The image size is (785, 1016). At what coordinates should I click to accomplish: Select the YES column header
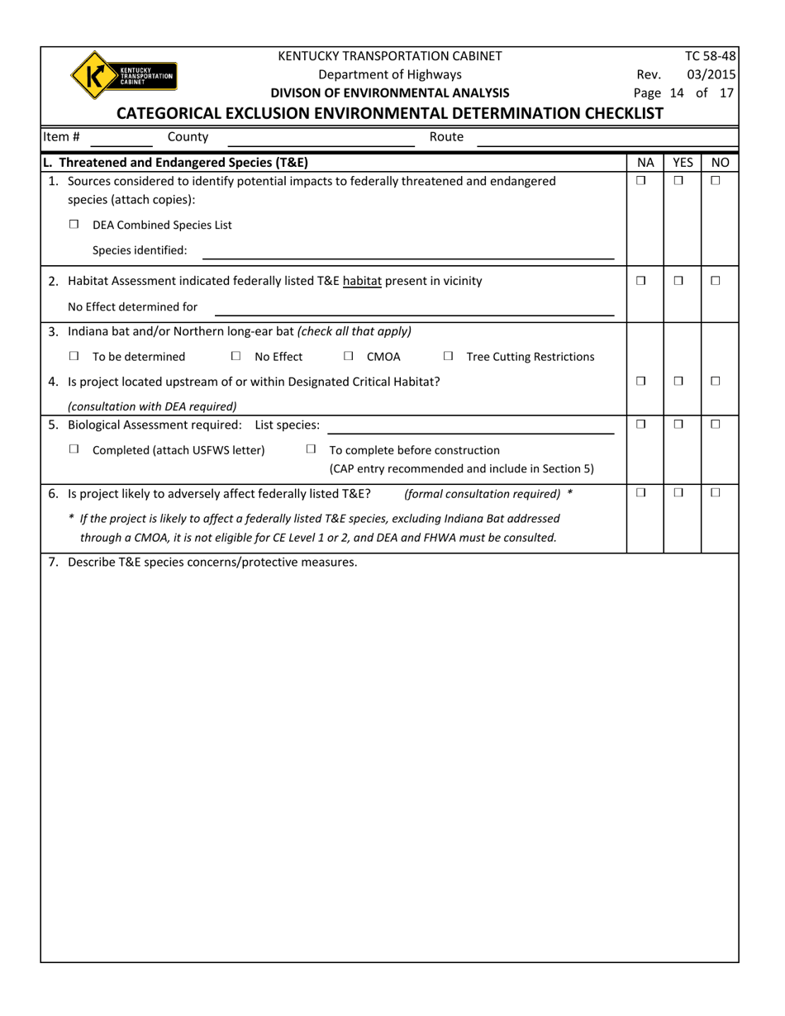(683, 164)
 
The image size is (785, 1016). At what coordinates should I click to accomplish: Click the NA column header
(645, 164)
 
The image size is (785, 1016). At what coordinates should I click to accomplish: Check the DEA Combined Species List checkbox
(74, 225)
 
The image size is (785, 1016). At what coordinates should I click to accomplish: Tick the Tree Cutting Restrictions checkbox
(448, 357)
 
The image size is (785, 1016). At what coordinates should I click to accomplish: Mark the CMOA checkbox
(348, 357)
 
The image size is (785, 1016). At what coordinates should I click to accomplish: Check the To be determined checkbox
(74, 357)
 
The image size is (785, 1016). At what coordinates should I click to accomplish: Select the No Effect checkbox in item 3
(235, 357)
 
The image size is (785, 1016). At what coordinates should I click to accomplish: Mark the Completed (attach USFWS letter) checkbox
(74, 449)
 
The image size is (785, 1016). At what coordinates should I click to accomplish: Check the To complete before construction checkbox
(311, 449)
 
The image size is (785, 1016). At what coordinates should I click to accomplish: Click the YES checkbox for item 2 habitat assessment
(678, 281)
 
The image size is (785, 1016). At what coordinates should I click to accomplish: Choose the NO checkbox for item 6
(716, 492)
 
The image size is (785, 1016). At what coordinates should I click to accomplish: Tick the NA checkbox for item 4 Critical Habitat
(641, 382)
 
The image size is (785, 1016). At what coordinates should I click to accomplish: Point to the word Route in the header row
(446, 137)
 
